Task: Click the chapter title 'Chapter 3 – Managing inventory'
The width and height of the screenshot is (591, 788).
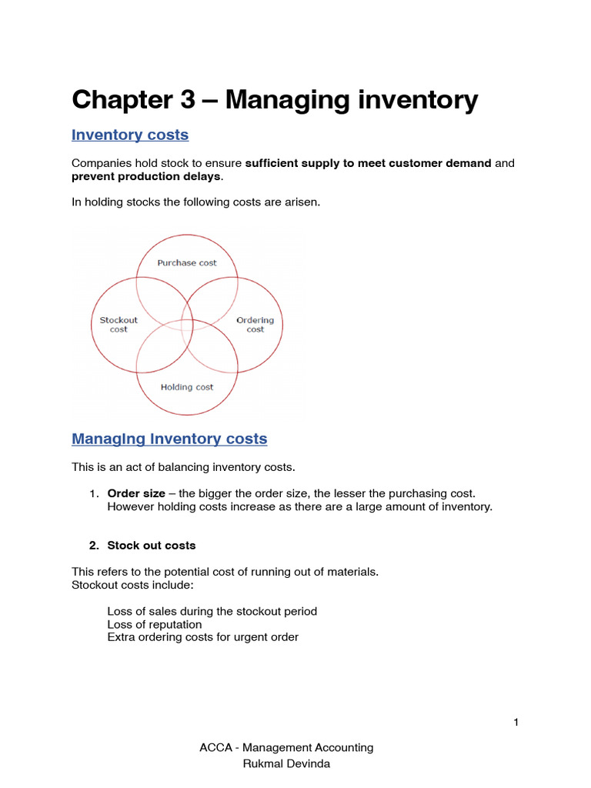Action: [x=275, y=100]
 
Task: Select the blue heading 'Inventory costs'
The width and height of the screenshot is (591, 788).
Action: [x=130, y=135]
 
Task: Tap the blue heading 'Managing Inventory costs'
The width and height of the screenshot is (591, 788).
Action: [x=169, y=439]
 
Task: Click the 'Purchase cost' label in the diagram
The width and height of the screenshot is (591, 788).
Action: [x=187, y=263]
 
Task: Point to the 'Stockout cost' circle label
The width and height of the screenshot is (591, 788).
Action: [x=119, y=325]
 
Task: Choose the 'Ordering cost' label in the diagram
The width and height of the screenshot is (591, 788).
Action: [x=255, y=325]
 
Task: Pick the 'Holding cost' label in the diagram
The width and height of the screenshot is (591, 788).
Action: [x=187, y=387]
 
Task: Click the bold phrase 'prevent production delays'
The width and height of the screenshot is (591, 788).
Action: [x=146, y=176]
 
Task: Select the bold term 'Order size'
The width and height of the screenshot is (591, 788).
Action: [x=131, y=493]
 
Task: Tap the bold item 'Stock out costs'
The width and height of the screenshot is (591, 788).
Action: [x=152, y=546]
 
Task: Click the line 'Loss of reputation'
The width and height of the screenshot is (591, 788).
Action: [x=155, y=624]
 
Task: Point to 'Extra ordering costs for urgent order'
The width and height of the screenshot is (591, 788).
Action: [x=203, y=637]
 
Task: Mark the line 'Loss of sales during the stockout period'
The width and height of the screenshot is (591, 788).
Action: [x=212, y=611]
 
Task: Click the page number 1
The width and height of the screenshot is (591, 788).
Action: [x=516, y=722]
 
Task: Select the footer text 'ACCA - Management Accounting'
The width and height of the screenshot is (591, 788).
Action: [x=285, y=747]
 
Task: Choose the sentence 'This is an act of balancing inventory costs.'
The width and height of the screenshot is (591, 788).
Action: [x=183, y=467]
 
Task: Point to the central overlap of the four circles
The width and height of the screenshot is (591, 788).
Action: [x=187, y=325]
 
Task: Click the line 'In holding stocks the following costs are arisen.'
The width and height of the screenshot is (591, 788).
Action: [x=195, y=202]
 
